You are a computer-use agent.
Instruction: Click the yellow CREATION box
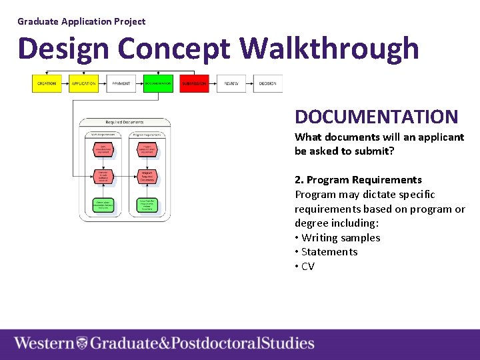click(x=47, y=83)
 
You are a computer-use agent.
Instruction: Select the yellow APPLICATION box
click(x=83, y=83)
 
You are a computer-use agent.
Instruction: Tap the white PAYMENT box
click(x=121, y=83)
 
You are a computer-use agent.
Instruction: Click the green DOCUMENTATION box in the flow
click(x=158, y=83)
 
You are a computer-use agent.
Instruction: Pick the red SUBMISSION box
click(x=194, y=83)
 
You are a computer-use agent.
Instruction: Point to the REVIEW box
click(x=231, y=83)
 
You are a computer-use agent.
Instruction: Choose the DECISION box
click(x=267, y=83)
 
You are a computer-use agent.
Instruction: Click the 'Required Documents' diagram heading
click(x=125, y=122)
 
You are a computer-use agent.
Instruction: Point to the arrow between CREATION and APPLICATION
click(x=65, y=83)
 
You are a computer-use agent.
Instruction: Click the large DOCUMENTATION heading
click(x=376, y=117)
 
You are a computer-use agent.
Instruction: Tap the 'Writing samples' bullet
click(x=340, y=237)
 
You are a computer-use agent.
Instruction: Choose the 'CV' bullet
click(x=307, y=266)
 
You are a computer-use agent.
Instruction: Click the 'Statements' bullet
click(x=329, y=251)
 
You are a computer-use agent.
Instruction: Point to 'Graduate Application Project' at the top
click(x=81, y=21)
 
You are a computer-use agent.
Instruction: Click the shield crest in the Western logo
click(x=82, y=343)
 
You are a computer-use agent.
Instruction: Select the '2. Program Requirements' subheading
click(x=358, y=179)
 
